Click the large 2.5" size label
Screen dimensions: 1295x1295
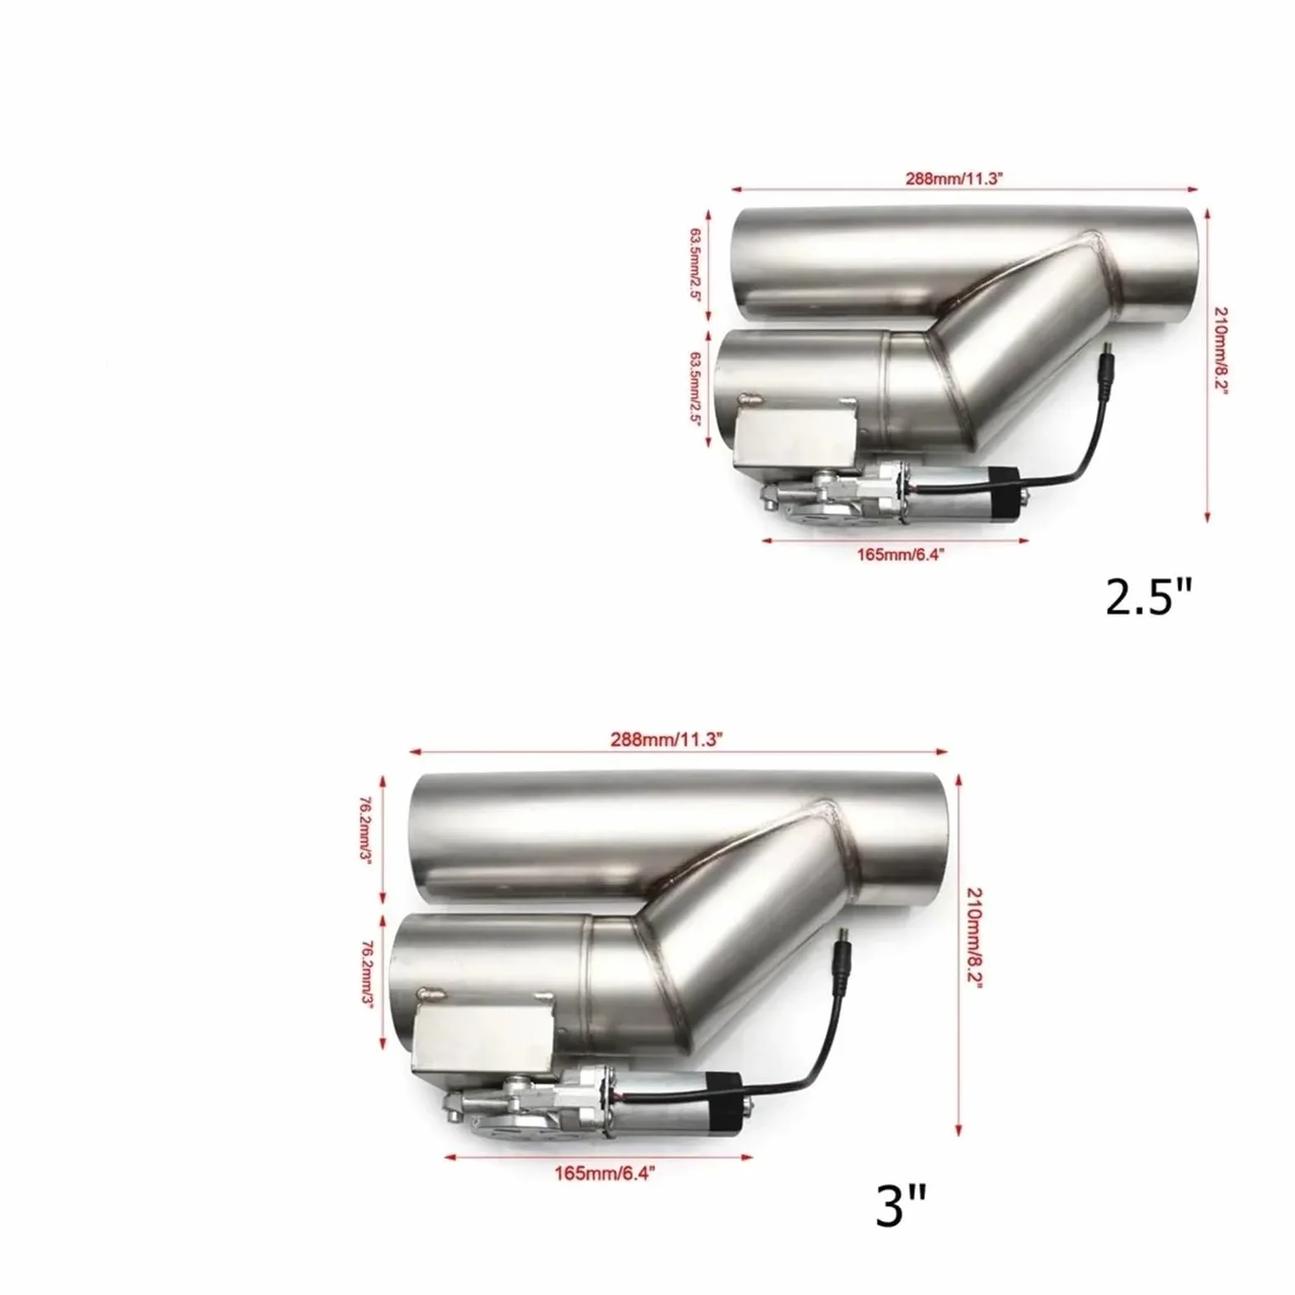[1149, 597]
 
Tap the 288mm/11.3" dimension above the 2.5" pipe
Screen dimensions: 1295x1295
[953, 178]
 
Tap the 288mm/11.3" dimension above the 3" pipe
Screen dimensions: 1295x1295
[667, 740]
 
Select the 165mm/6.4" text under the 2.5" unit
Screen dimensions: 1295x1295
[899, 554]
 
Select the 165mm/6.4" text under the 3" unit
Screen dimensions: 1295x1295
[605, 1173]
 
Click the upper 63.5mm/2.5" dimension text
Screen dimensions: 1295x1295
[694, 266]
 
